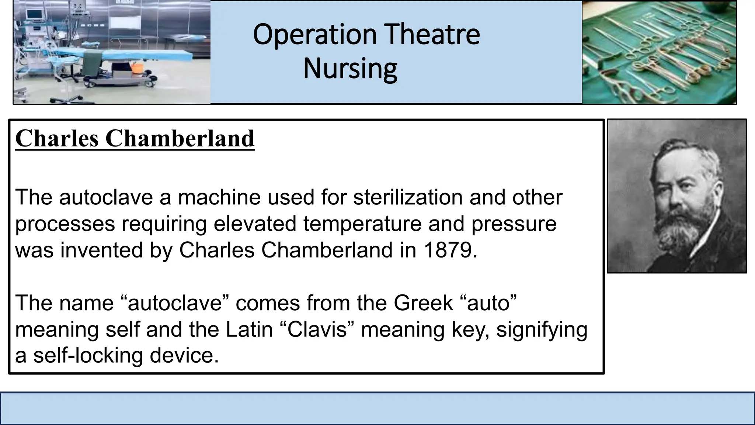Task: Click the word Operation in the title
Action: (x=314, y=35)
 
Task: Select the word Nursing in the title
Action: (x=350, y=69)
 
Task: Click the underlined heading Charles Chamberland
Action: (x=135, y=139)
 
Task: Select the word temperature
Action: (x=362, y=224)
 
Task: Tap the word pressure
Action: (x=514, y=224)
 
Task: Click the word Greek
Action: (x=423, y=303)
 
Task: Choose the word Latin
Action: (x=249, y=329)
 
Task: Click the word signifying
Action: (x=542, y=329)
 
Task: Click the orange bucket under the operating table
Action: (x=137, y=68)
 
